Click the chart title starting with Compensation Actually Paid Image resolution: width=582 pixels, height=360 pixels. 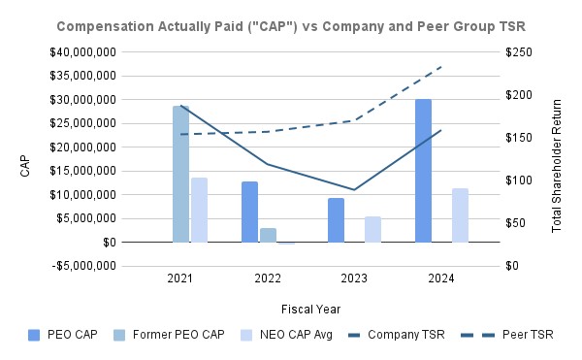coord(290,23)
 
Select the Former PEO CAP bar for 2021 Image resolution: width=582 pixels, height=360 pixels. coord(180,174)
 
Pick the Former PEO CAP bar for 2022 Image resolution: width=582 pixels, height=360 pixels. coord(268,235)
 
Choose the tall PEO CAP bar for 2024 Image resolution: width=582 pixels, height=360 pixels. coord(423,170)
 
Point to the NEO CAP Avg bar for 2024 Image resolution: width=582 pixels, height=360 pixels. coord(460,214)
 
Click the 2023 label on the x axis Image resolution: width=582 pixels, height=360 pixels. coord(354,278)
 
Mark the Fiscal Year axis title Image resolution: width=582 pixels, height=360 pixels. coord(310,309)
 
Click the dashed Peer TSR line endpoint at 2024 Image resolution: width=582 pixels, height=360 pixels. coord(441,67)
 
